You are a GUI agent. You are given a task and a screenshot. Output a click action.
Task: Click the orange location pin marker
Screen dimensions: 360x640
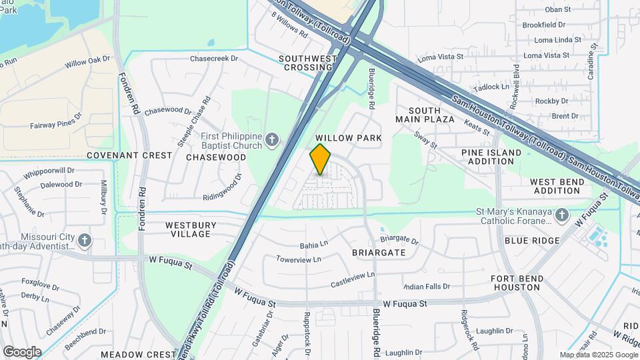click(x=320, y=159)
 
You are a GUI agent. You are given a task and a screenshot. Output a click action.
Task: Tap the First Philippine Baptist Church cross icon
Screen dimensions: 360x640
click(x=271, y=140)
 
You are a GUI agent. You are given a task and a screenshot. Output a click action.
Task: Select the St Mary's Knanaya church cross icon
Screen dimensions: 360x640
click(x=561, y=214)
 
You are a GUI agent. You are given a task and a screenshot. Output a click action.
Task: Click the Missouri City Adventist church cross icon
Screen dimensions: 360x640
click(x=84, y=239)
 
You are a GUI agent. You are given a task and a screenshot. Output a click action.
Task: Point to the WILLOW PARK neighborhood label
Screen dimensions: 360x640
click(x=349, y=138)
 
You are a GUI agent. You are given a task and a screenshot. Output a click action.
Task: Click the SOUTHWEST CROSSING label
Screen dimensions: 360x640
click(x=307, y=63)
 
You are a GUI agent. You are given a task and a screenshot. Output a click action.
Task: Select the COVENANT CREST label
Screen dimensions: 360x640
click(x=129, y=155)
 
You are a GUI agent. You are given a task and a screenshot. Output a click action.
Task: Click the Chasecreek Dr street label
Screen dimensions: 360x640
click(x=214, y=59)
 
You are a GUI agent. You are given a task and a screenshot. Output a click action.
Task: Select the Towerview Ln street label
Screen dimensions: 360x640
click(x=298, y=259)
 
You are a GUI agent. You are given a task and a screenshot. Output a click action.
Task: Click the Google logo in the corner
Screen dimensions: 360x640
click(x=21, y=351)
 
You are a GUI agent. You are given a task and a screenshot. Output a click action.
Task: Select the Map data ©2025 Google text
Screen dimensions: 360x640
click(x=599, y=355)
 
